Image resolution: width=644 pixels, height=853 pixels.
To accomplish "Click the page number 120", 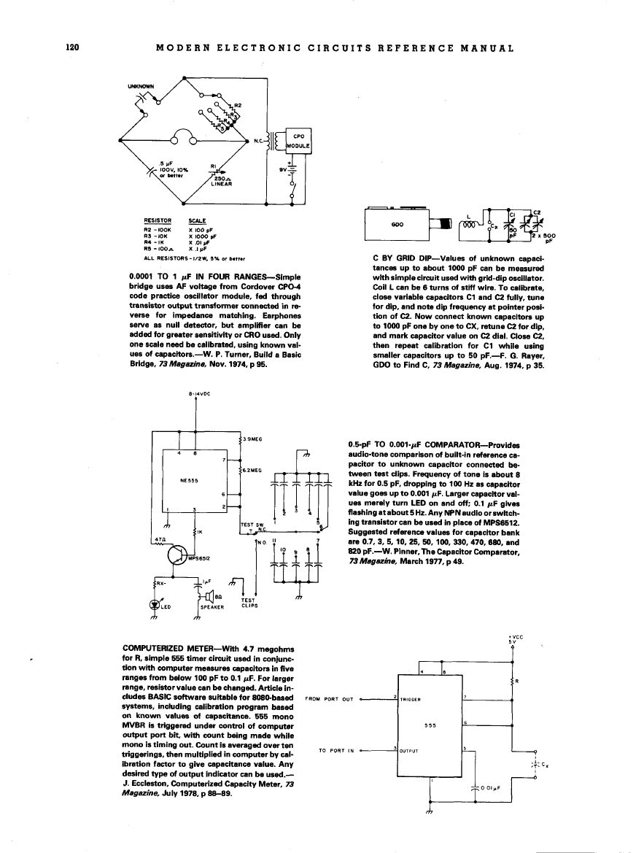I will point(71,48).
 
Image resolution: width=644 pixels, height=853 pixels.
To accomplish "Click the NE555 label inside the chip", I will point(190,481).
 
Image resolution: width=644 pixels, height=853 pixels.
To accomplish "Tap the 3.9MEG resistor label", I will point(252,440).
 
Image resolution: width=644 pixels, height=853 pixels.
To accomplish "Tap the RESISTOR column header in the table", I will point(157,220).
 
